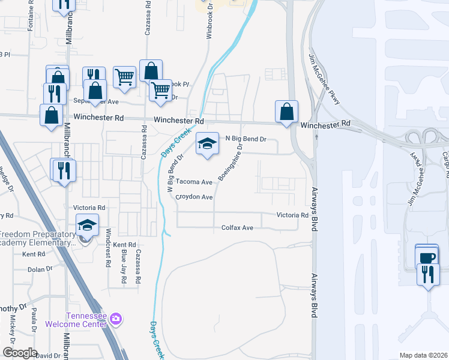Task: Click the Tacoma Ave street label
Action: click(x=194, y=182)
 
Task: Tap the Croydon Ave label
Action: click(x=194, y=197)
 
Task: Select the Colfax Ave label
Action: click(x=238, y=228)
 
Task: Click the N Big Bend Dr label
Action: click(x=245, y=139)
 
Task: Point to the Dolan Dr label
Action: click(x=40, y=269)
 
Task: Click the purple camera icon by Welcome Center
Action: click(x=116, y=319)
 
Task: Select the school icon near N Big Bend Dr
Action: click(x=206, y=143)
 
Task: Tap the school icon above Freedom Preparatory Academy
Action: click(x=87, y=226)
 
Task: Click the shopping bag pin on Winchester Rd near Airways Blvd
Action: click(x=286, y=111)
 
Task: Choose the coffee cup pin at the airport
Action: click(x=427, y=258)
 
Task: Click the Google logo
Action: click(x=20, y=353)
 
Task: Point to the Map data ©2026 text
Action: click(x=423, y=355)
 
